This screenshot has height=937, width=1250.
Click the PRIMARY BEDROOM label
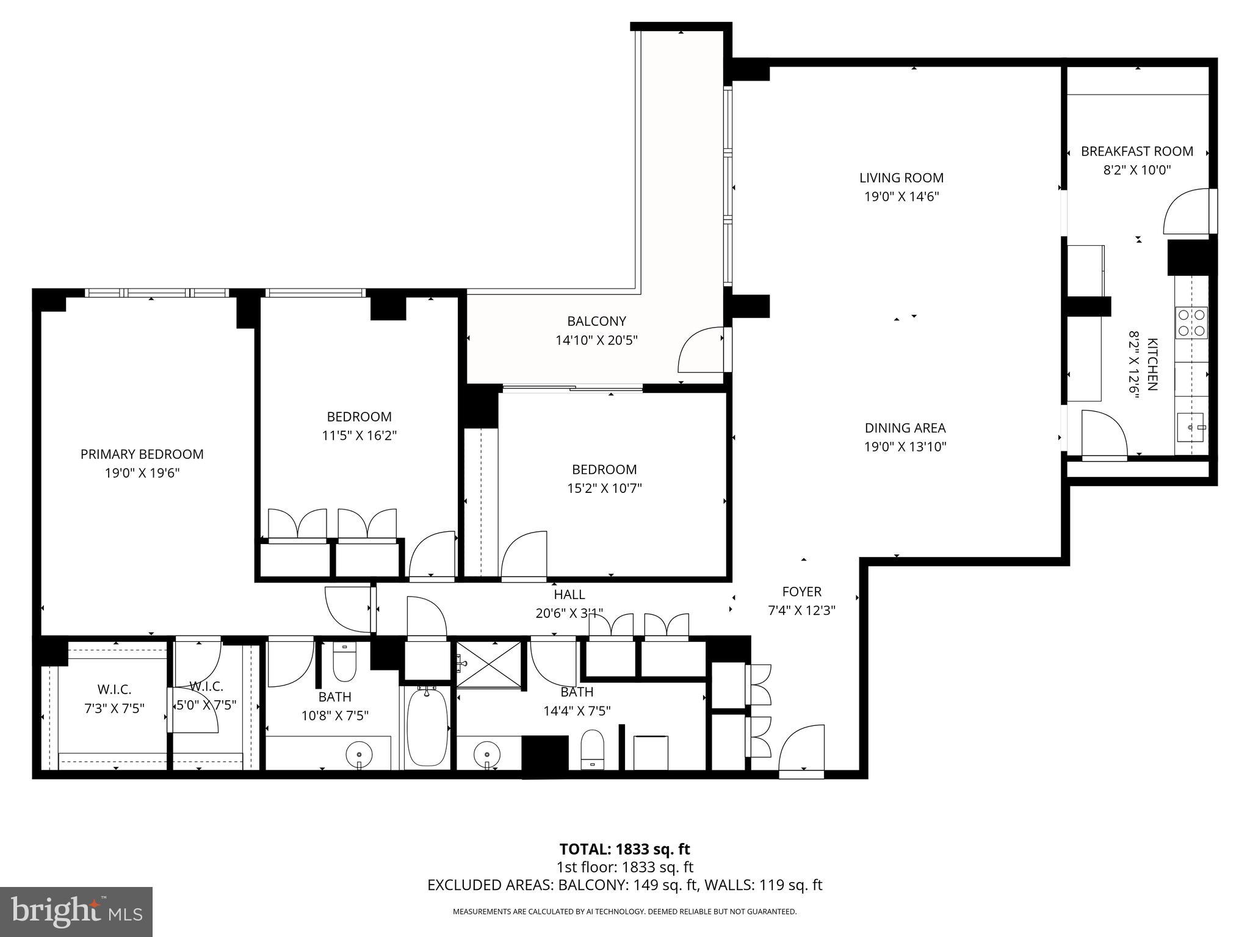point(142,454)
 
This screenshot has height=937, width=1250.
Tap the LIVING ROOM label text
point(901,178)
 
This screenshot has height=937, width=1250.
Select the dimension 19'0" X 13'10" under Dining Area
point(905,447)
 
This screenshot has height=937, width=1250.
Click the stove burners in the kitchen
point(1191,323)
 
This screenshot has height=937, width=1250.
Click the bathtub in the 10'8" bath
point(427,727)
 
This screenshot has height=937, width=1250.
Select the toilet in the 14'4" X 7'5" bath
point(591,749)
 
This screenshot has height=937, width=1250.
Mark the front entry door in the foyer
point(800,750)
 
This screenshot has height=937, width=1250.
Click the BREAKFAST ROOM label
point(1136,151)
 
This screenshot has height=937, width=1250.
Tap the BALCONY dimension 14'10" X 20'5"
point(596,340)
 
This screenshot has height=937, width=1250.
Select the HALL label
point(569,594)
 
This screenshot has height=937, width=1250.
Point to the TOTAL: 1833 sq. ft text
point(624,849)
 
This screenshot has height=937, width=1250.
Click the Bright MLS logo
point(76,912)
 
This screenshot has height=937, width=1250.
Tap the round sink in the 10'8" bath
point(359,755)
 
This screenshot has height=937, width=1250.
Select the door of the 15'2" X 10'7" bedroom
point(523,554)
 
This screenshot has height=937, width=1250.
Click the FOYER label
point(801,591)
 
